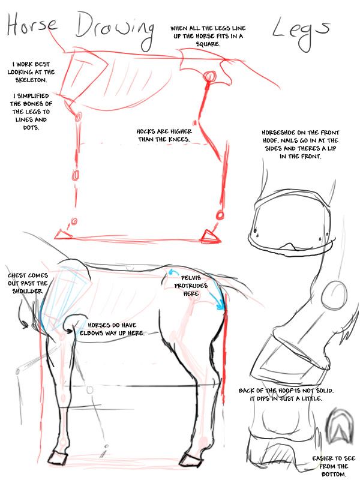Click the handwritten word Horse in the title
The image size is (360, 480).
(32, 25)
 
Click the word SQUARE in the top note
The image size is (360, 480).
(208, 44)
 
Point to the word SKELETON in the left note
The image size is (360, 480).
(31, 80)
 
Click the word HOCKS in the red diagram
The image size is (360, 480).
(146, 131)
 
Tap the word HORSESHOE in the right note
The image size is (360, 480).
(278, 133)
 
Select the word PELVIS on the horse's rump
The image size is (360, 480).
(191, 278)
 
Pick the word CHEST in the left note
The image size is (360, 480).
(17, 275)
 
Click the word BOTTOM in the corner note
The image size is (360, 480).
(334, 474)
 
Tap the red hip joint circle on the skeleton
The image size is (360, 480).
(210, 76)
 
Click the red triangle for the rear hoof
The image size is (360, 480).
(211, 236)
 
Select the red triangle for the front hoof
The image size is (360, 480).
(63, 235)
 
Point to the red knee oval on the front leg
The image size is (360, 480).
(76, 175)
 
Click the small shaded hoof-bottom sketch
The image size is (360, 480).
(339, 427)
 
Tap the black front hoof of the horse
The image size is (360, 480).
(58, 457)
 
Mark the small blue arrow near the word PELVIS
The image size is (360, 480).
(173, 272)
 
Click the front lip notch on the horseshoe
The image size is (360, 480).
(289, 246)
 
